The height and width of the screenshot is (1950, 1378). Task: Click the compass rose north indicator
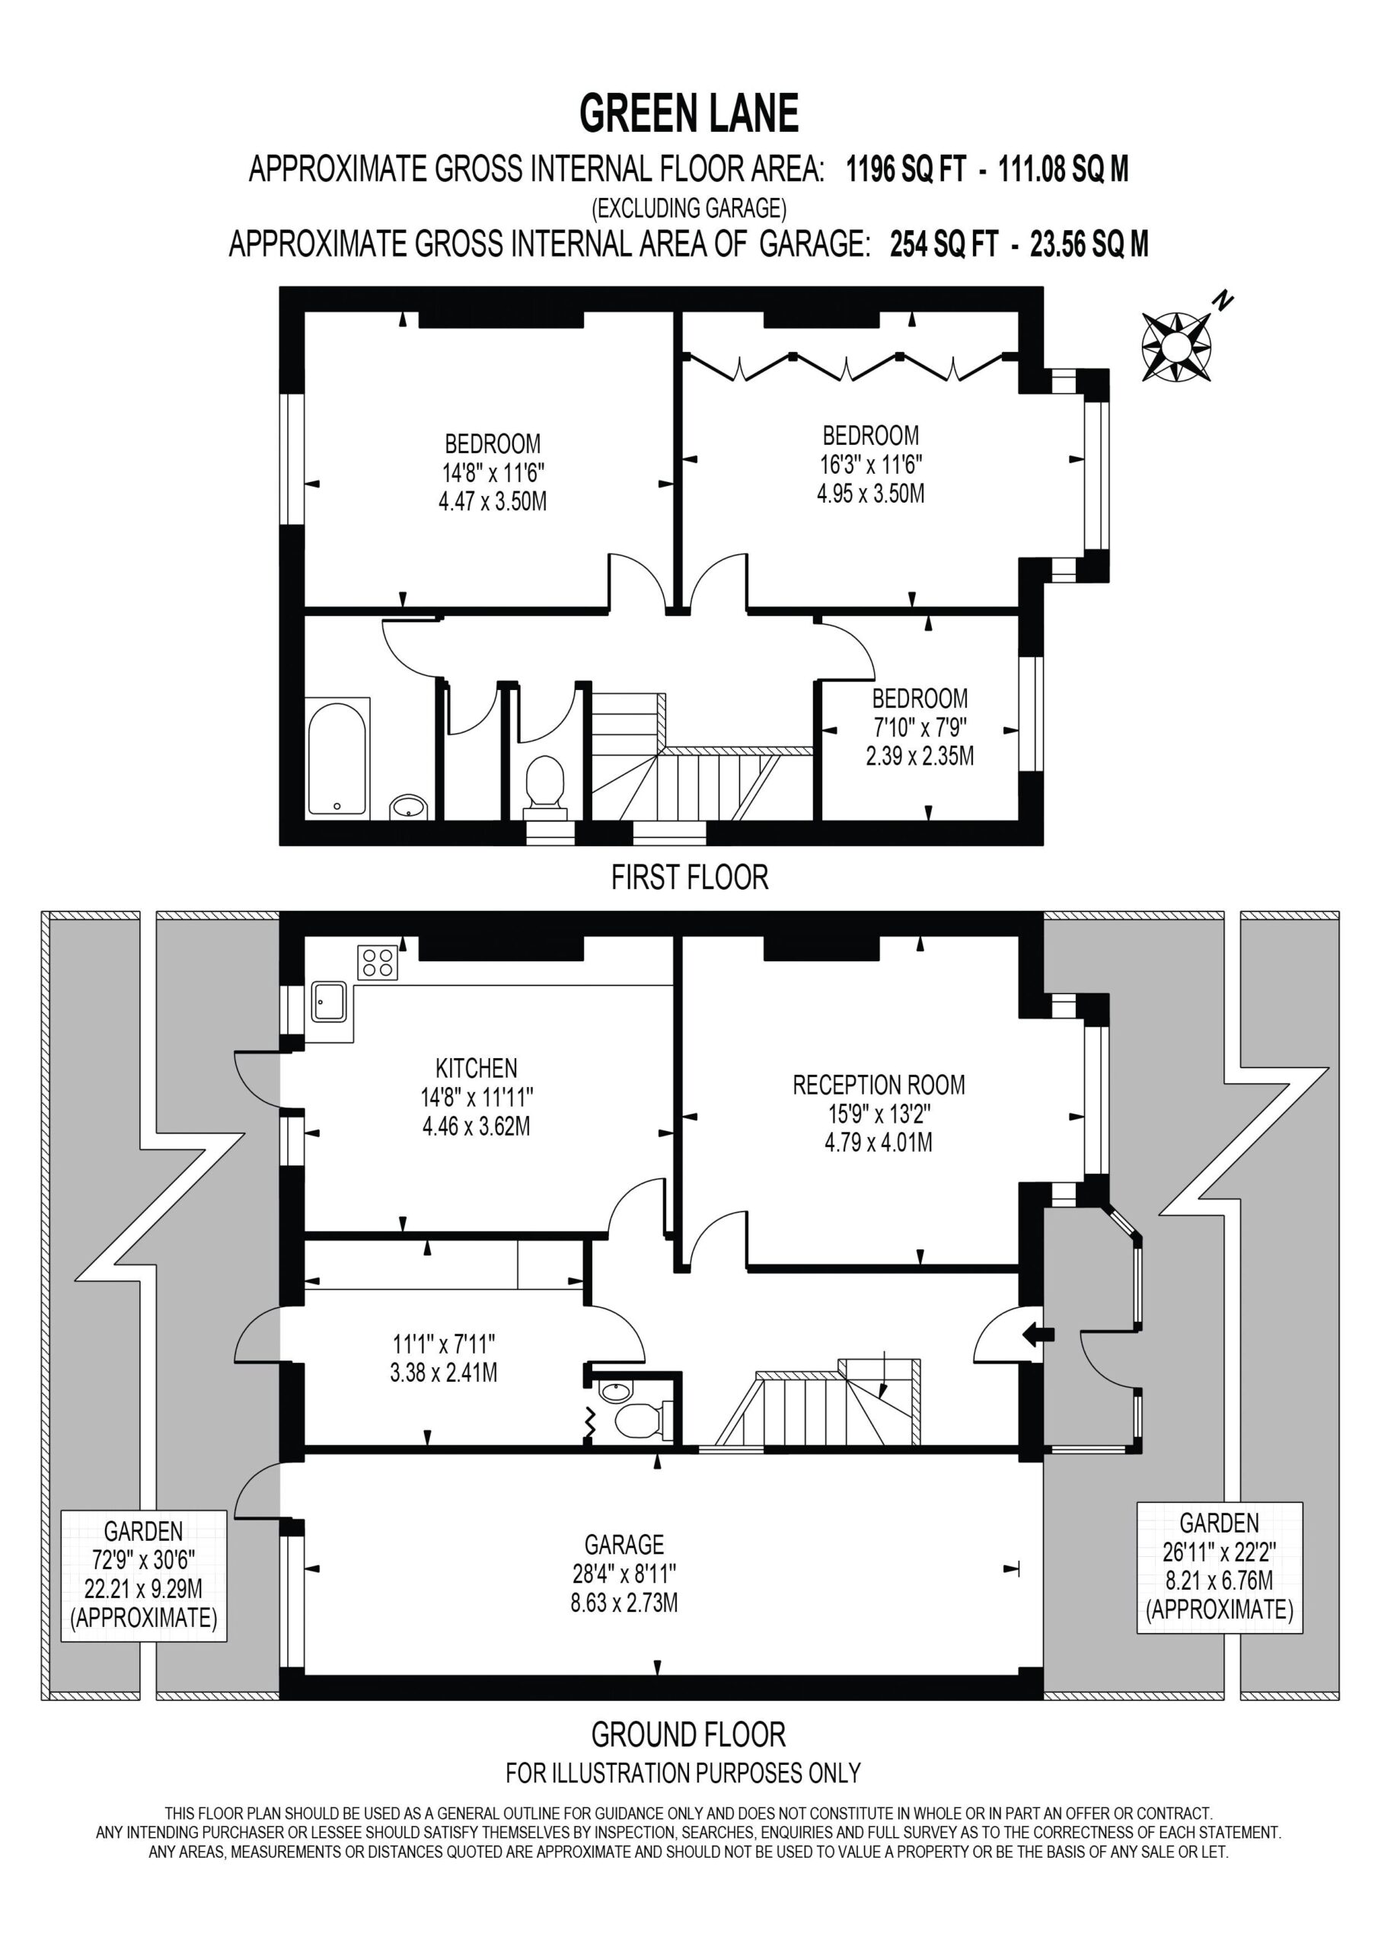coord(1177,345)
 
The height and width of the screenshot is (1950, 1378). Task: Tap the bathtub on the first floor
coord(337,759)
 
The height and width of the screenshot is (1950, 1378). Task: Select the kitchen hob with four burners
coord(378,963)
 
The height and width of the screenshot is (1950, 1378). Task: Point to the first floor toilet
coord(545,783)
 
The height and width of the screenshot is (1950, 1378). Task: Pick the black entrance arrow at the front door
coord(1038,1334)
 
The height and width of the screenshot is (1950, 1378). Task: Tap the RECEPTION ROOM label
coord(879,1085)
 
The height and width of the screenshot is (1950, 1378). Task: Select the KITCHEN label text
coord(477,1068)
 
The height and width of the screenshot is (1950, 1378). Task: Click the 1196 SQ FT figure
coord(906,169)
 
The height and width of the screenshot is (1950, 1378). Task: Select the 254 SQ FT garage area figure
coord(944,245)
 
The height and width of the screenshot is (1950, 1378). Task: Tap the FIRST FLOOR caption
coord(690,877)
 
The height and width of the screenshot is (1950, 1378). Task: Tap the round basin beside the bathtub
coord(408,807)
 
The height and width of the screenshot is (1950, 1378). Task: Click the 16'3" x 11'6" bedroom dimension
coord(871,465)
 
